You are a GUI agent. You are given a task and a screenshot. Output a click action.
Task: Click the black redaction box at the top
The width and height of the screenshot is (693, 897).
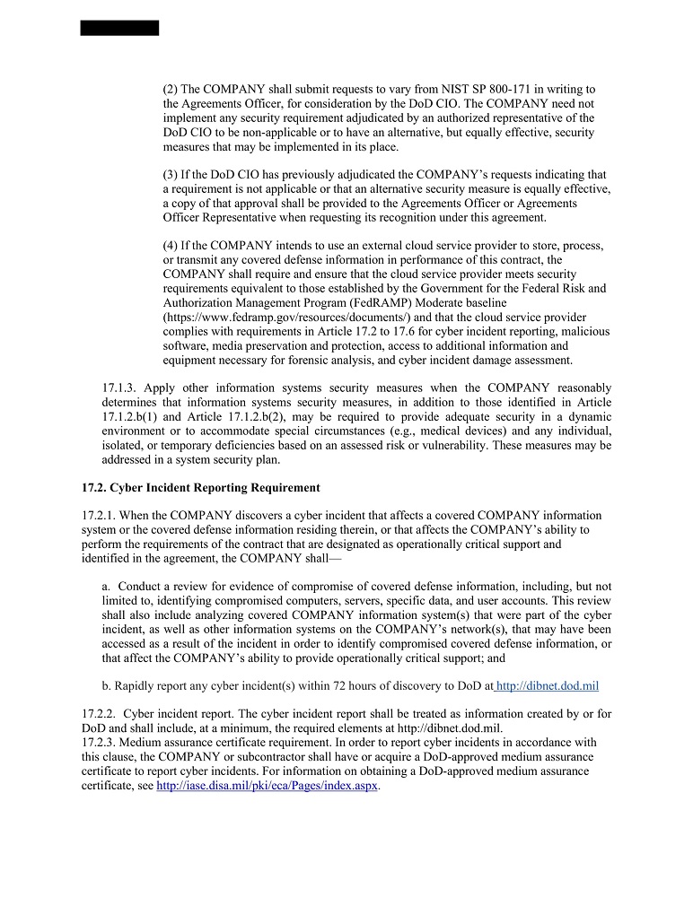[119, 28]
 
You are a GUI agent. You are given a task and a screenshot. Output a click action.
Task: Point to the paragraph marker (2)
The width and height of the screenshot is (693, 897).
[171, 90]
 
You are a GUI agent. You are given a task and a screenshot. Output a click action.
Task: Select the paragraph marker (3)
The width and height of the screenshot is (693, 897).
[171, 175]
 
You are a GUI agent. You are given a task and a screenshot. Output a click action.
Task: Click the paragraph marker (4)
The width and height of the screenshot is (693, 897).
[171, 246]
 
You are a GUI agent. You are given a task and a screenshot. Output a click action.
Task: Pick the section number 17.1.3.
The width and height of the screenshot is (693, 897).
[120, 388]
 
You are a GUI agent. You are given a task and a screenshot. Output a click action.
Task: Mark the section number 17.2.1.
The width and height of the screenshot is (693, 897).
[99, 515]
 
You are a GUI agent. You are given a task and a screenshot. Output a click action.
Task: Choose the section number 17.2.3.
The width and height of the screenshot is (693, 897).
[99, 743]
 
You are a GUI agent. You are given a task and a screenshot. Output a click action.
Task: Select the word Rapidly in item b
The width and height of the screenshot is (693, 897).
[135, 686]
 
